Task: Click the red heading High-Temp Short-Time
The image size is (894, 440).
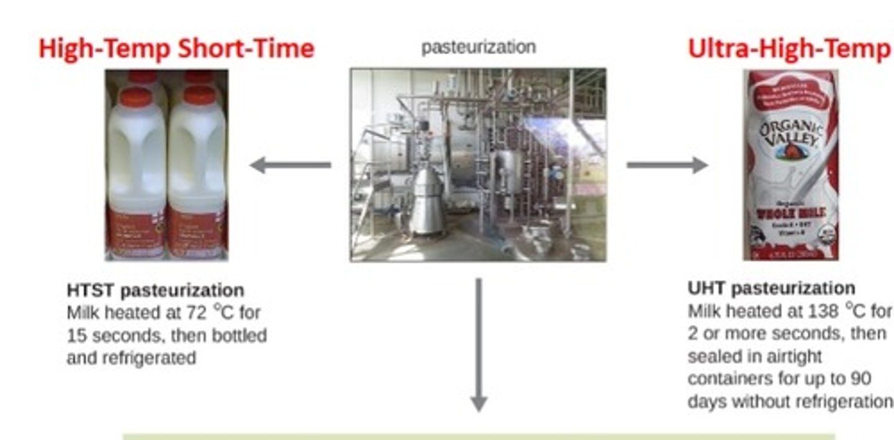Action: pos(176,48)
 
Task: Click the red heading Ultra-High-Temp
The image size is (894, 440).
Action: pos(788,48)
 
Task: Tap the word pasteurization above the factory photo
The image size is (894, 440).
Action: pos(478,47)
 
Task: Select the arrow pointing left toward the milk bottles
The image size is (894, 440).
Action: pos(289,165)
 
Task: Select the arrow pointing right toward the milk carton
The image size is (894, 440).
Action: pos(667,165)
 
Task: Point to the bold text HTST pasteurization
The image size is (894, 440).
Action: pos(155,290)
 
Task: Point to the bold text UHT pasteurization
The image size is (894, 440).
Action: pos(771,289)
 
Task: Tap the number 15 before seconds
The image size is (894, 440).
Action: pos(77,336)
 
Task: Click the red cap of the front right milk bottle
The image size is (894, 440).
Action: pos(200,95)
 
